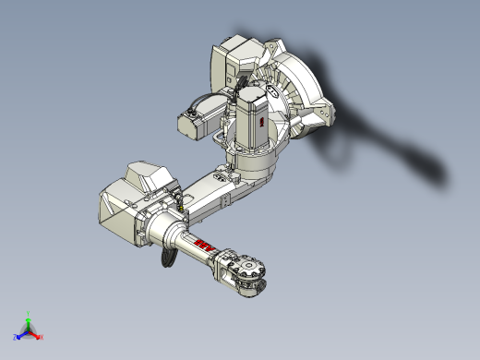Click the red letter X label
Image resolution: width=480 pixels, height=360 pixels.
pos(42,339)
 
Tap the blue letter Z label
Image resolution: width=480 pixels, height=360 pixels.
pos(15,339)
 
